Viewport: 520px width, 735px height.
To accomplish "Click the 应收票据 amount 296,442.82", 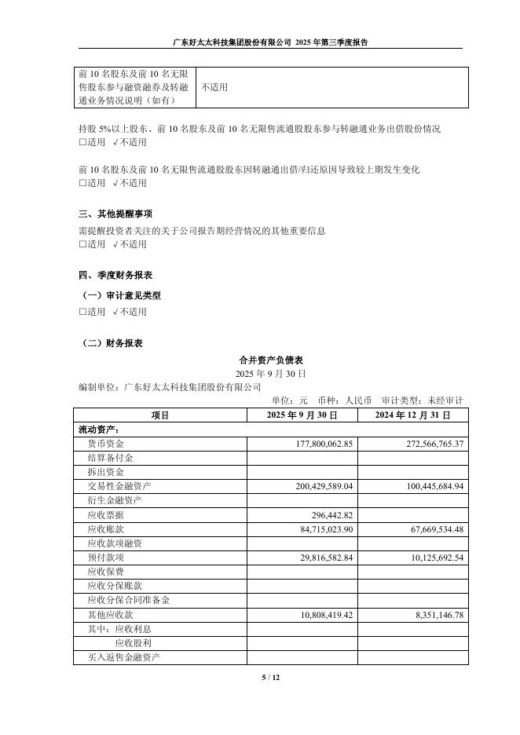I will pyautogui.click(x=328, y=515).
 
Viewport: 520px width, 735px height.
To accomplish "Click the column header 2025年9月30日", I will pyautogui.click(x=302, y=415).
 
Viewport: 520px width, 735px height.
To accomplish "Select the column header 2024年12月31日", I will pyautogui.click(x=412, y=415).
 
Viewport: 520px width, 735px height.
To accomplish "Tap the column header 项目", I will pyautogui.click(x=160, y=415).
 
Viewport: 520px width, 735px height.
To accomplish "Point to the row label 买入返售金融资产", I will pyautogui.click(x=124, y=656).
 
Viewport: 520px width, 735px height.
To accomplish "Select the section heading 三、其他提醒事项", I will pyautogui.click(x=115, y=214).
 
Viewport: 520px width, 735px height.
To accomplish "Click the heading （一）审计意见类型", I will pyautogui.click(x=122, y=295).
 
